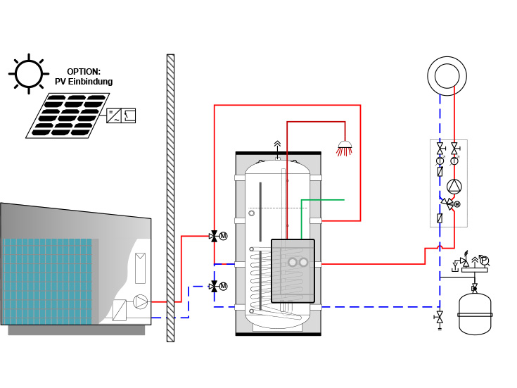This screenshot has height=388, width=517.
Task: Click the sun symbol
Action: pyautogui.click(x=29, y=73)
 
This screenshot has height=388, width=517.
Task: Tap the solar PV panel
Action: pyautogui.click(x=68, y=114)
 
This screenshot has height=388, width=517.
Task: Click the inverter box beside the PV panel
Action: pyautogui.click(x=121, y=115)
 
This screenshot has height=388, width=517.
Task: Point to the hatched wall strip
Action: pyautogui.click(x=170, y=197)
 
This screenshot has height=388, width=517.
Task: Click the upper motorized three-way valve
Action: pyautogui.click(x=215, y=236)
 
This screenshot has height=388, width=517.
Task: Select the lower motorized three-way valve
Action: pyautogui.click(x=215, y=286)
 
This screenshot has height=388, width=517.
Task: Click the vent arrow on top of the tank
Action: pyautogui.click(x=277, y=145)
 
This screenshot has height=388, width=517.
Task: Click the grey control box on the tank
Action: pyautogui.click(x=293, y=271)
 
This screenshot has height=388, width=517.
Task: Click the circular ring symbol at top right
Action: pyautogui.click(x=447, y=76)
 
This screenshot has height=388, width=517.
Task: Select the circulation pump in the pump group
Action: pyautogui.click(x=454, y=187)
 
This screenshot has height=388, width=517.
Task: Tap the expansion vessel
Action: pyautogui.click(x=475, y=313)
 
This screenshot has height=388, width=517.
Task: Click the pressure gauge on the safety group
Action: pyautogui.click(x=485, y=261)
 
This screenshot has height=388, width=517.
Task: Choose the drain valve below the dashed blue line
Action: pyautogui.click(x=440, y=318)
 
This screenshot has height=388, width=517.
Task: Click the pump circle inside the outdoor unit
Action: pyautogui.click(x=141, y=301)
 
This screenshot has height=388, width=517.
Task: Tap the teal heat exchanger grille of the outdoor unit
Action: pyautogui.click(x=46, y=280)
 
